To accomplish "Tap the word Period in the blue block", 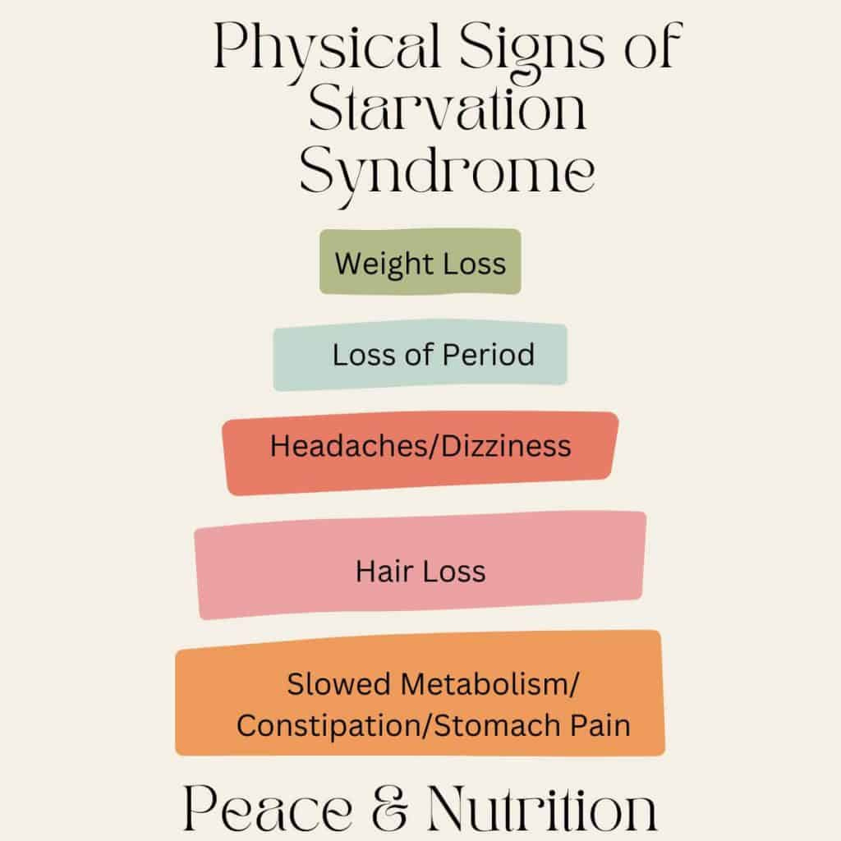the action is click(489, 355).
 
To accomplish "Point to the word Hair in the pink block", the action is click(381, 571).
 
